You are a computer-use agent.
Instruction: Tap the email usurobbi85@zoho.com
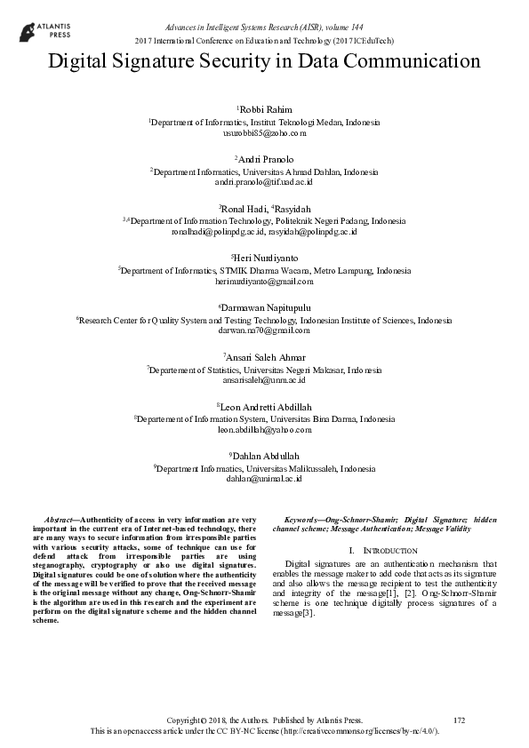tap(264, 132)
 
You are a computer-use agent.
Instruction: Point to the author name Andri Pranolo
tap(264, 159)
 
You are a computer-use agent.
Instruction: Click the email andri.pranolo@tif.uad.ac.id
tap(264, 181)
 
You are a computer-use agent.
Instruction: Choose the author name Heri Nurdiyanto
tap(264, 258)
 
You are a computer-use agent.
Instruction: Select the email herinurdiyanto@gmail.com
tap(264, 281)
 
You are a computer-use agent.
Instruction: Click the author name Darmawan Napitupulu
tap(264, 307)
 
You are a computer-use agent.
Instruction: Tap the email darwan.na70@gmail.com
tap(264, 330)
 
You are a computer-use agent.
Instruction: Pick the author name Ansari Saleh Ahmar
tap(264, 357)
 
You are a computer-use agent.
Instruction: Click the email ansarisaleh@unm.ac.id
tap(264, 379)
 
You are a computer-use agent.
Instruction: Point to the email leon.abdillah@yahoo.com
tap(264, 429)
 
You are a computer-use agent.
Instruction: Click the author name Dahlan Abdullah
tap(264, 456)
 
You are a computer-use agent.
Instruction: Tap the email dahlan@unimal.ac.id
tap(264, 478)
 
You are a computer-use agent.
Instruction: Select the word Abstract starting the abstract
tap(60, 519)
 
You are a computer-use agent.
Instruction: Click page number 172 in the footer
tap(459, 719)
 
